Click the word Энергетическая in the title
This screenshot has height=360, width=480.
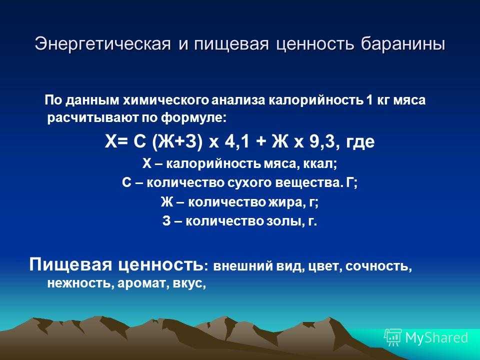pos(102,44)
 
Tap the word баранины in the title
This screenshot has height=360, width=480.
pos(403,44)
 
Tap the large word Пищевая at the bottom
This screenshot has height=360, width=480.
pos(70,264)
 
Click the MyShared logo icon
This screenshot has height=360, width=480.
pos(393,337)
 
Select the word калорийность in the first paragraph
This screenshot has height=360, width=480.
pos(315,100)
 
